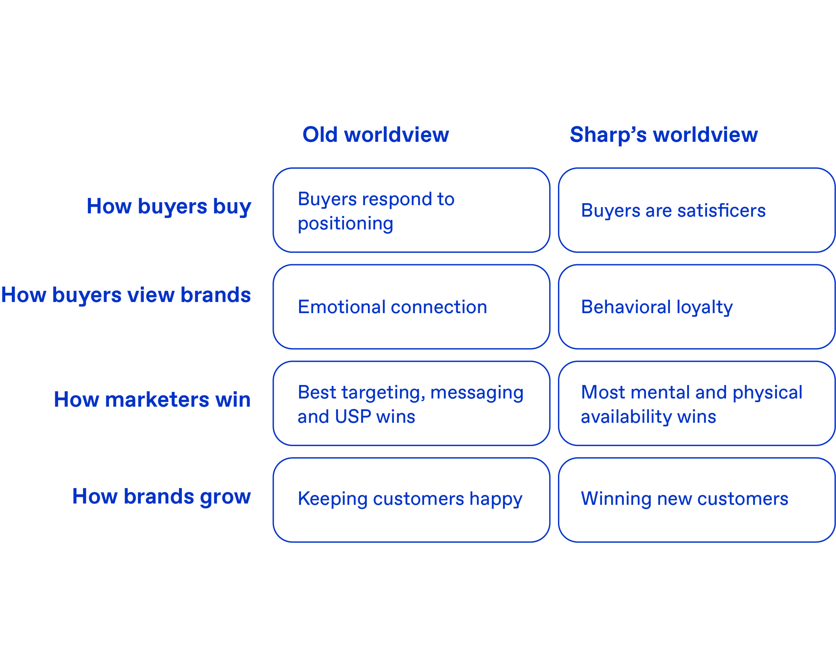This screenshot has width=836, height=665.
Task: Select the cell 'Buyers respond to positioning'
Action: point(411,210)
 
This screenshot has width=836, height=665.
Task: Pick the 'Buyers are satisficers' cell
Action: point(696,210)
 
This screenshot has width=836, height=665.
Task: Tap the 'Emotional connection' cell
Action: point(411,307)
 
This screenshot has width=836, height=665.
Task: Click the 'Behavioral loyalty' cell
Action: point(696,307)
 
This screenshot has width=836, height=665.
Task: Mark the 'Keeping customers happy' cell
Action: point(411,500)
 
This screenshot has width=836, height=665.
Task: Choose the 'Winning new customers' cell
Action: point(696,500)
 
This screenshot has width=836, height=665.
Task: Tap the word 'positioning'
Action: point(345,224)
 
